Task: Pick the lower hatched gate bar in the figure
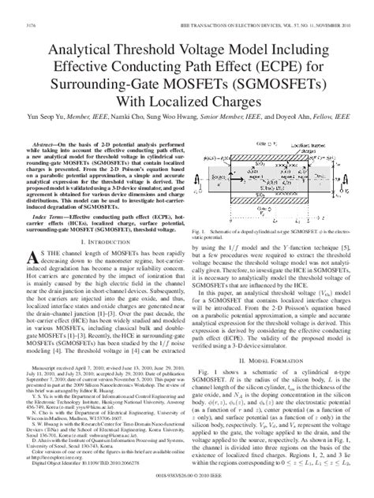[271, 191]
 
